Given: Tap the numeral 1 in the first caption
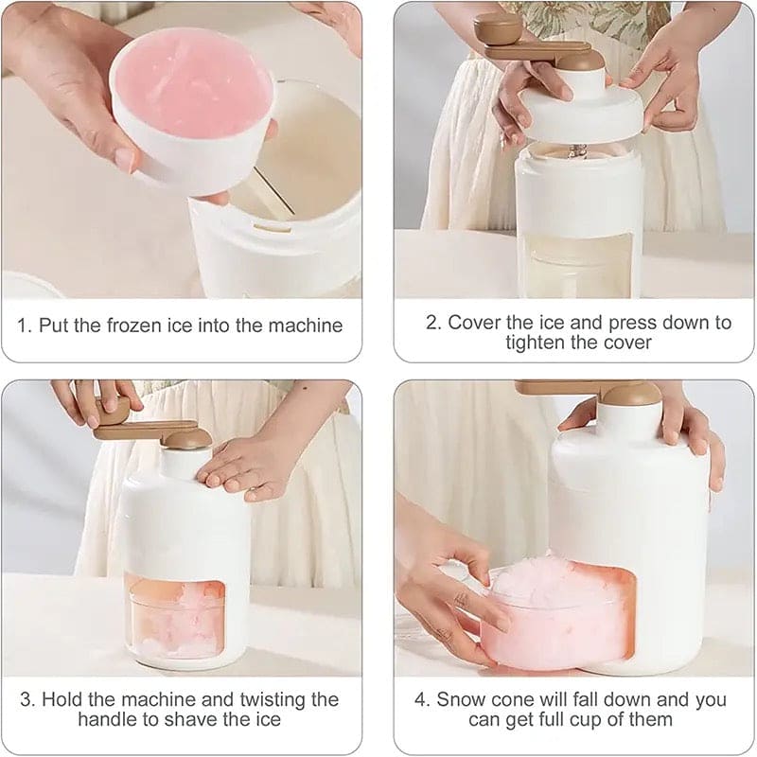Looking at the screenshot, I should [x=24, y=326].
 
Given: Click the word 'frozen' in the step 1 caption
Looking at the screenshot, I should [x=131, y=326].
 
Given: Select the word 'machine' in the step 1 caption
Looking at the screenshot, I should [x=309, y=326].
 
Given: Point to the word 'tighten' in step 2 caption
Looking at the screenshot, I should [x=539, y=343].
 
